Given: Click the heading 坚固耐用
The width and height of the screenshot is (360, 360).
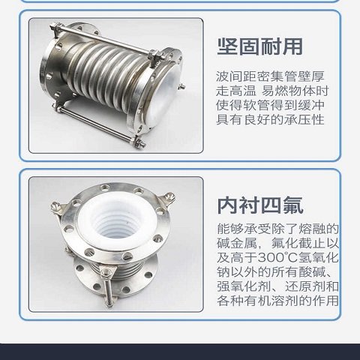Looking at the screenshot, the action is (260, 46).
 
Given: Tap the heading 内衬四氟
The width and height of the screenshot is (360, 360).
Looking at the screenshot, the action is (260, 205).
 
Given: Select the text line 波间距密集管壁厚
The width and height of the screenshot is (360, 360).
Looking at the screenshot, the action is (270, 76).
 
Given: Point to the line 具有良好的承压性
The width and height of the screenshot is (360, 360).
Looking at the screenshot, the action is (270, 119).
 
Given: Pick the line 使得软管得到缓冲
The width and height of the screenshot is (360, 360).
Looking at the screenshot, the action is (270, 105).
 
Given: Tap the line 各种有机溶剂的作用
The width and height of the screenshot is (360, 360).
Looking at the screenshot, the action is (277, 301).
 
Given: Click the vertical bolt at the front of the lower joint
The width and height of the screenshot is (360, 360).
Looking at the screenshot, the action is (108, 287).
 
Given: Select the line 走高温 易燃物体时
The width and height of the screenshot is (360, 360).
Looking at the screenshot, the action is (272, 91).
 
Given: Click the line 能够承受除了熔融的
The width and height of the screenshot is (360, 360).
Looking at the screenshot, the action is (277, 229).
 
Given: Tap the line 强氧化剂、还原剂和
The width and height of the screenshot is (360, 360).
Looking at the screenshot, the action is (277, 286).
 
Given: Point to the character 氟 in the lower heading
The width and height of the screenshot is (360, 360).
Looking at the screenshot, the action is (293, 205).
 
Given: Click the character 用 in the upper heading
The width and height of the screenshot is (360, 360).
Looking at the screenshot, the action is (292, 46).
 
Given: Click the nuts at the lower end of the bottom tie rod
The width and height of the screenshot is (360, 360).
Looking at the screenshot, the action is (139, 142).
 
